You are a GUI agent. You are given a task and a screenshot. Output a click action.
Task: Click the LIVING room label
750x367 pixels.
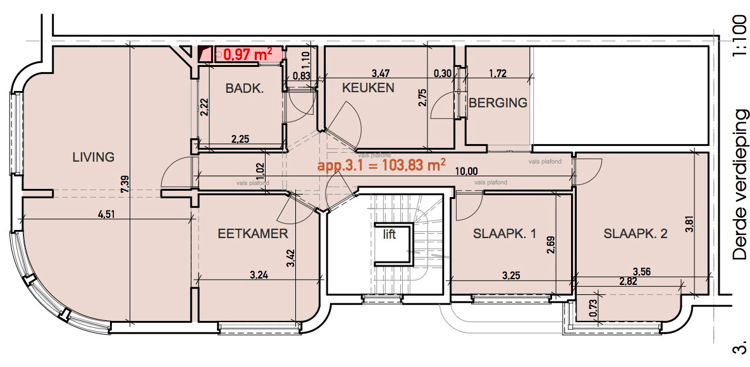click(93, 157)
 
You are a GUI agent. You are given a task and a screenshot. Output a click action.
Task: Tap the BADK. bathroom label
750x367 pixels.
click(244, 89)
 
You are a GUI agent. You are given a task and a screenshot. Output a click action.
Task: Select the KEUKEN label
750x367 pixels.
click(368, 88)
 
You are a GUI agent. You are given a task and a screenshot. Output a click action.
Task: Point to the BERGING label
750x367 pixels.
click(498, 102)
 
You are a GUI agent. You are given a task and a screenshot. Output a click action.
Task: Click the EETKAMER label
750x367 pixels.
click(253, 234)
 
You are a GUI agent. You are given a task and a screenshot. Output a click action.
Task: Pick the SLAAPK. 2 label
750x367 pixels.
click(636, 234)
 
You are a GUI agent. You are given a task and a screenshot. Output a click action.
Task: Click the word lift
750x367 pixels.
click(389, 234)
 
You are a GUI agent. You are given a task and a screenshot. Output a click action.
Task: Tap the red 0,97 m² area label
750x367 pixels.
click(248, 55)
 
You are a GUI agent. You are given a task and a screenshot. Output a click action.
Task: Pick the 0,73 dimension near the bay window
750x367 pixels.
click(593, 307)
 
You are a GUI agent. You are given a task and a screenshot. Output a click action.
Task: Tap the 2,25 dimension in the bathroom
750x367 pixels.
click(240, 138)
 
